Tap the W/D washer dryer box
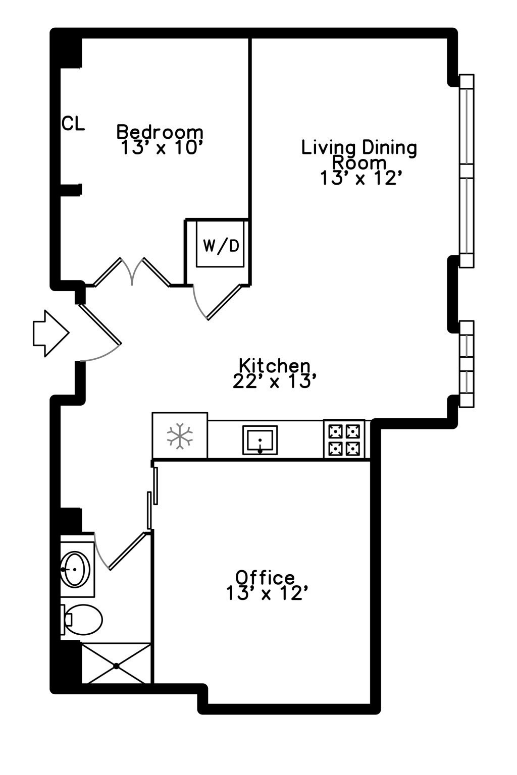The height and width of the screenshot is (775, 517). (221, 246)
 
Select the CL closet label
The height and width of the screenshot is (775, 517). (73, 124)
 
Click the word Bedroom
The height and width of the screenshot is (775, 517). (160, 132)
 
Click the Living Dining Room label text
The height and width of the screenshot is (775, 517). (359, 155)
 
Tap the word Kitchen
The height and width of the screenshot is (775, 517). (274, 365)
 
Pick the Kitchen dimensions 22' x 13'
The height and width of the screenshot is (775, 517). (274, 382)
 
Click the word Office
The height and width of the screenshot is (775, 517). (265, 577)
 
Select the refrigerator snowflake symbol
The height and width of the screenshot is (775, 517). (180, 436)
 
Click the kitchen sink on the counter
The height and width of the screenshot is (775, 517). (260, 440)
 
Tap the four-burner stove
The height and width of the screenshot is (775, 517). (344, 439)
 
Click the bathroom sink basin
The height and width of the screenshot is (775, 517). (75, 569)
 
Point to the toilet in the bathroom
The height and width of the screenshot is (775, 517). (82, 620)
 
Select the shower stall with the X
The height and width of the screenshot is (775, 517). (116, 663)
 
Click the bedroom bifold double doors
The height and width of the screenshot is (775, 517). (132, 272)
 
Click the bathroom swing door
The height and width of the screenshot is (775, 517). (126, 551)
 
